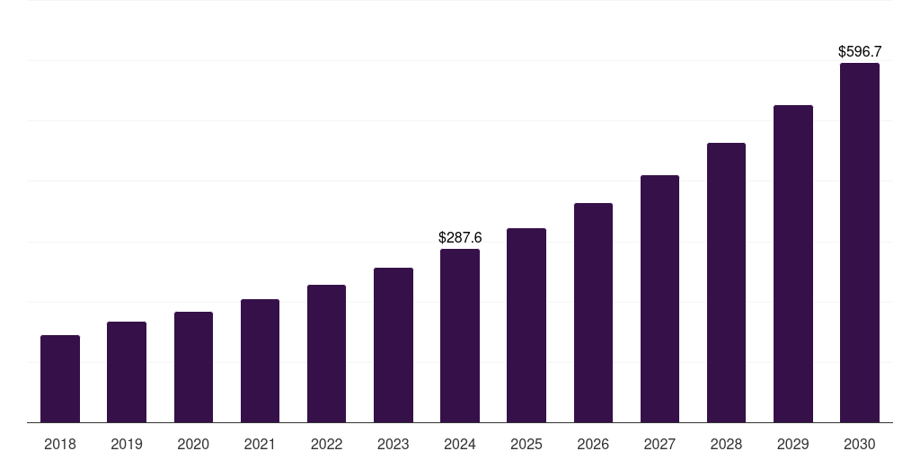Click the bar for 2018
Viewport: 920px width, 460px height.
pyautogui.click(x=60, y=378)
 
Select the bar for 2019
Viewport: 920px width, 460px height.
pyautogui.click(x=127, y=372)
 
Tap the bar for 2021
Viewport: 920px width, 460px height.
pyautogui.click(x=260, y=360)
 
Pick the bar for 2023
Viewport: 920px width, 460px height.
pyautogui.click(x=394, y=345)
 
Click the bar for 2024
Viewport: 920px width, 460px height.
pyautogui.click(x=460, y=335)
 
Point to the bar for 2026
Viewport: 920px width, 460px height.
pyautogui.click(x=593, y=313)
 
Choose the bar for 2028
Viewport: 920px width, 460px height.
pyautogui.click(x=726, y=282)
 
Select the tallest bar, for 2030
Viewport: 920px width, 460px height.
pyautogui.click(x=860, y=243)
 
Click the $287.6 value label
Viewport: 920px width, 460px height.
pyautogui.click(x=460, y=238)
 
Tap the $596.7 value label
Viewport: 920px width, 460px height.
pyautogui.click(x=860, y=52)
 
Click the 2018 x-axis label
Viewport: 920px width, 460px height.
pyautogui.click(x=60, y=444)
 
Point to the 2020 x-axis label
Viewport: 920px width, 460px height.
pyautogui.click(x=193, y=444)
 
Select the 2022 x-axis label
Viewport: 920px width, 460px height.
pyautogui.click(x=326, y=444)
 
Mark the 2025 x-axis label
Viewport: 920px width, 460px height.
pyautogui.click(x=526, y=444)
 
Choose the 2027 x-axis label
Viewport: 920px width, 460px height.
pyautogui.click(x=659, y=444)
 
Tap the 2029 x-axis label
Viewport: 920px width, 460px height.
pyautogui.click(x=792, y=444)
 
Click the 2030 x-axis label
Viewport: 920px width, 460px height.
pyautogui.click(x=860, y=444)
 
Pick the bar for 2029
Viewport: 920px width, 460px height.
pyautogui.click(x=792, y=263)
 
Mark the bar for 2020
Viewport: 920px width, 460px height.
pyautogui.click(x=193, y=367)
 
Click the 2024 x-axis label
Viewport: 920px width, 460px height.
pyautogui.click(x=460, y=444)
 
